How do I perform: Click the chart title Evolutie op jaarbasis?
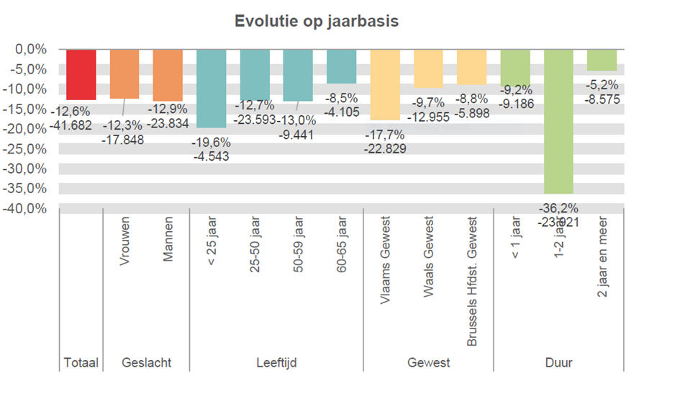coord(317,22)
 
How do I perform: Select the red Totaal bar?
coord(81,74)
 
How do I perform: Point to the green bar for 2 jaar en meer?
coord(602,60)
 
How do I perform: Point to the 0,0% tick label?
coord(31,50)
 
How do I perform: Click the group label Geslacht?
coord(147,362)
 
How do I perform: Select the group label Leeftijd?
coord(276,362)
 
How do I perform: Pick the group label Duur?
coord(558,362)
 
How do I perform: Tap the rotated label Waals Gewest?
coord(429,250)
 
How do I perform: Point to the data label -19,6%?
coord(210,142)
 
